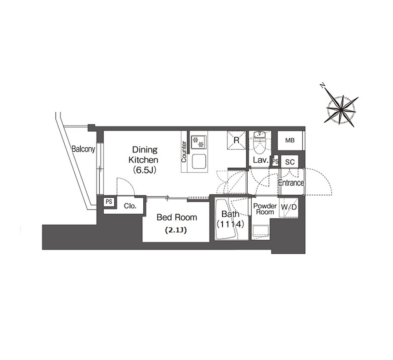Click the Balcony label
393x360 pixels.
tap(84, 149)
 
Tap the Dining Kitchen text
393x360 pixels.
tap(143, 155)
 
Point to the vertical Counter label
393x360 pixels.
tap(184, 152)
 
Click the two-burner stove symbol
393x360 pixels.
tap(199, 142)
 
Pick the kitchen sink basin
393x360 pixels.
tap(199, 161)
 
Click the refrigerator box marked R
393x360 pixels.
tap(236, 140)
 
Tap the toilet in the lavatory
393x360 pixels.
tap(260, 144)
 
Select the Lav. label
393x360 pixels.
tap(261, 160)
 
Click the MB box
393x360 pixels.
tap(290, 140)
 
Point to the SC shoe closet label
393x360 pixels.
tap(290, 162)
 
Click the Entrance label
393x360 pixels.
tap(291, 183)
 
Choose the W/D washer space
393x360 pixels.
tap(289, 207)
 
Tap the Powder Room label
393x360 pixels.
tap(265, 209)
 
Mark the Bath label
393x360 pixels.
tap(230, 214)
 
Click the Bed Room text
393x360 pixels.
tap(177, 217)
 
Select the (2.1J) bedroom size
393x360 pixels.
tap(176, 230)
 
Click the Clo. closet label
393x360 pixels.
tap(130, 206)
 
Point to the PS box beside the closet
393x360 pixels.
tap(109, 202)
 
